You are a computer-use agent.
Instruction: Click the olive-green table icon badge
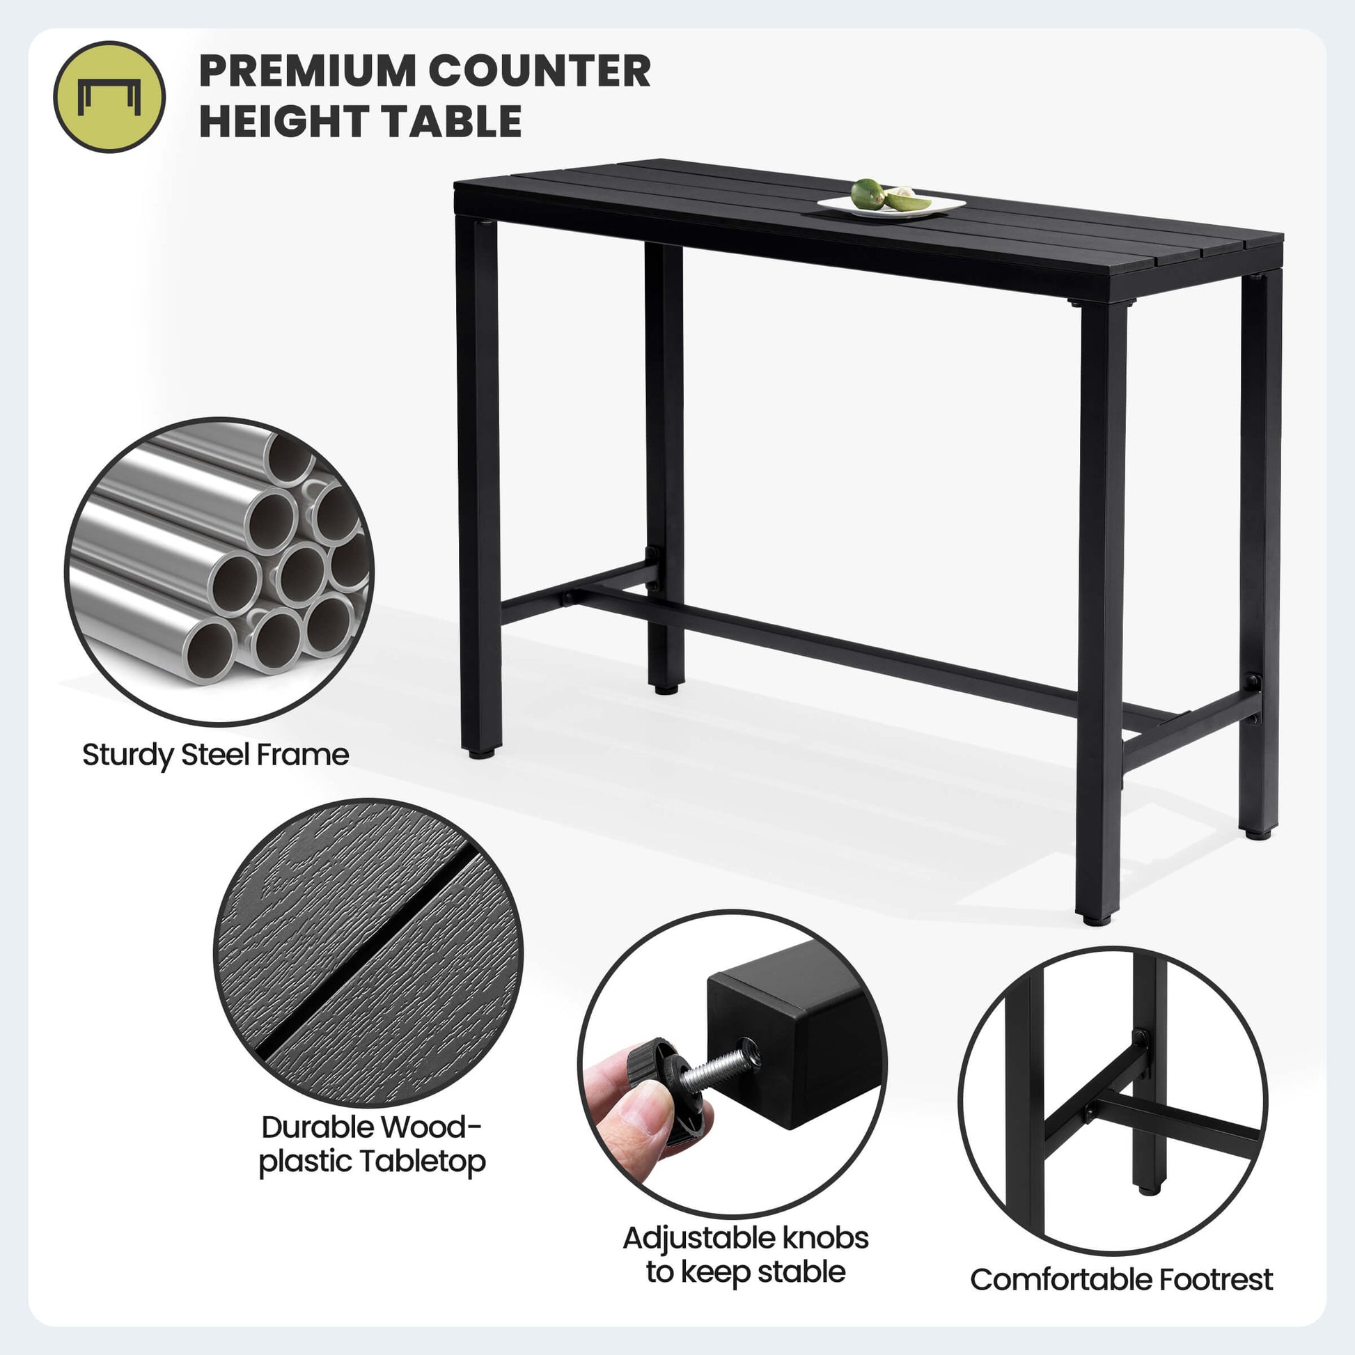tap(109, 97)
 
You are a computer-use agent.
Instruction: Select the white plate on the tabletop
tap(891, 205)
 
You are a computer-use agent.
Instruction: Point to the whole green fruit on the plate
tap(868, 194)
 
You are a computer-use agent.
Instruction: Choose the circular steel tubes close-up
tap(219, 572)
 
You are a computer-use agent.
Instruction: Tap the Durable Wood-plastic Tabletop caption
tap(372, 1144)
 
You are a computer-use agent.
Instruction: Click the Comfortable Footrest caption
tap(1122, 1279)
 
